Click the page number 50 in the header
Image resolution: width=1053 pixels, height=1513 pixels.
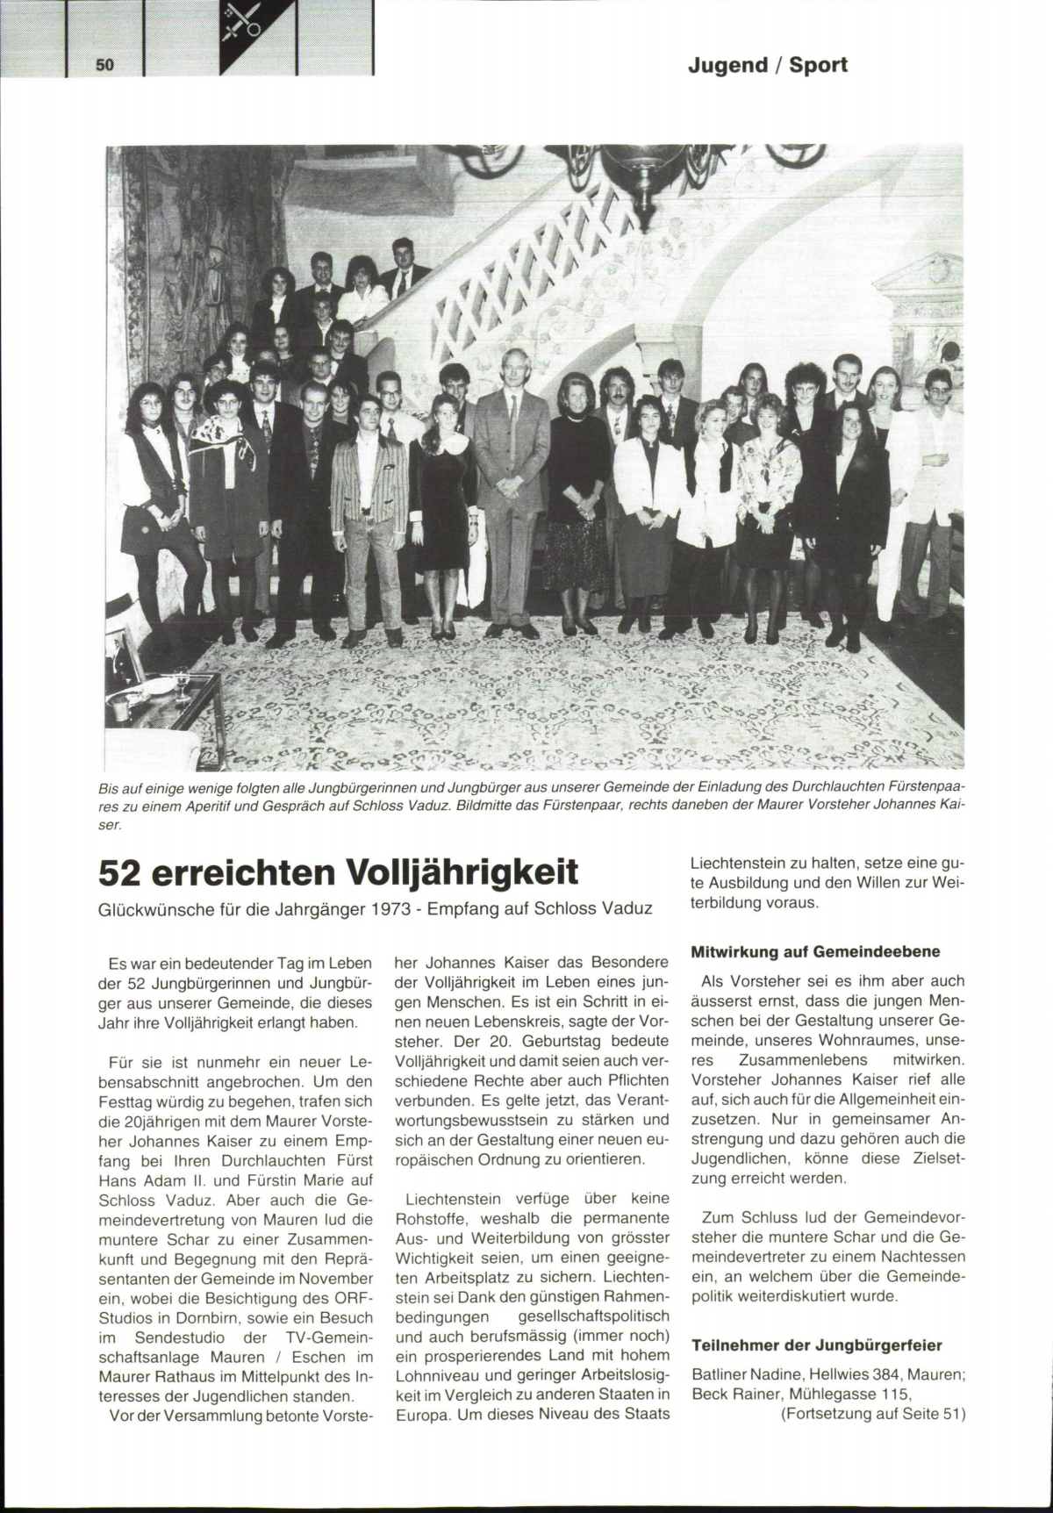click(x=105, y=65)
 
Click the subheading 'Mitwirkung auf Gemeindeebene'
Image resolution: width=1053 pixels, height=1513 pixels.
click(x=815, y=951)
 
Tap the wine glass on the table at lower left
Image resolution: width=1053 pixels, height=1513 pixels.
click(x=183, y=683)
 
